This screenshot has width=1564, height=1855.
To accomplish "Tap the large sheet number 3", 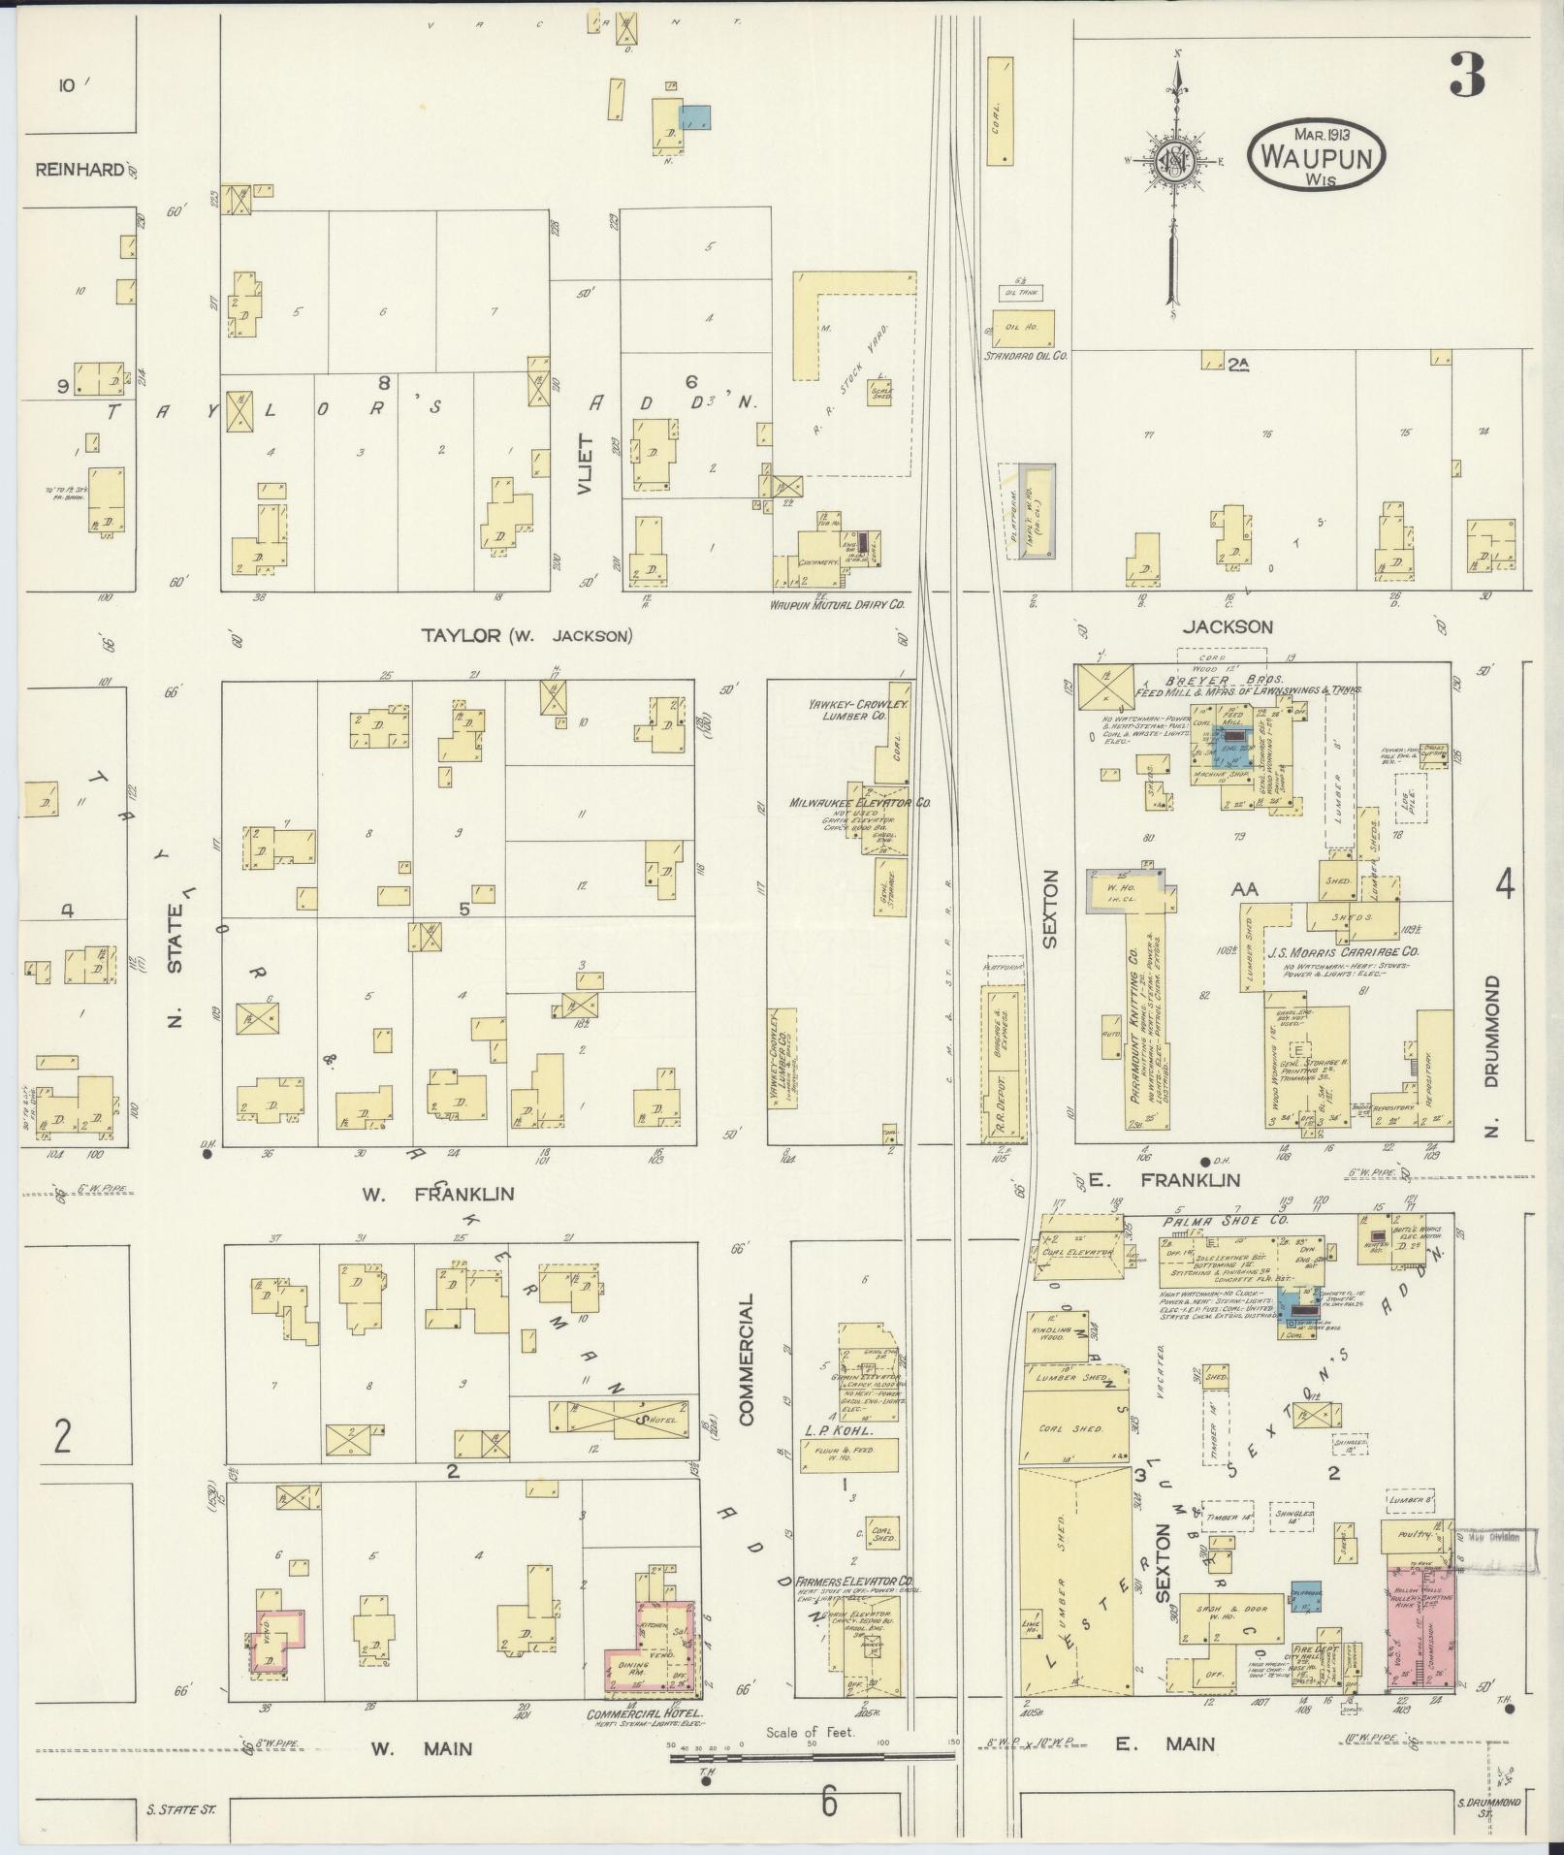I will coord(1468,76).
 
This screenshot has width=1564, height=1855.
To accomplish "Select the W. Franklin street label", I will coord(438,1194).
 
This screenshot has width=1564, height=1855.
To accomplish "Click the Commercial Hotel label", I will coord(644,1713).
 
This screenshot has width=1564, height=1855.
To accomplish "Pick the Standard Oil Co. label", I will coord(1027,356).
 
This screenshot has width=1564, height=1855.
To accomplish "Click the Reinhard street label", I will coord(80,170).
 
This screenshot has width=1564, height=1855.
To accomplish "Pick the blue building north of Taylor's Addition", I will coord(696,117).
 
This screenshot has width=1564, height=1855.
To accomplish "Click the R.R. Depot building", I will coord(1005,1059).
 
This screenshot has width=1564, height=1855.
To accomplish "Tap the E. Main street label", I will coord(1165,1744).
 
